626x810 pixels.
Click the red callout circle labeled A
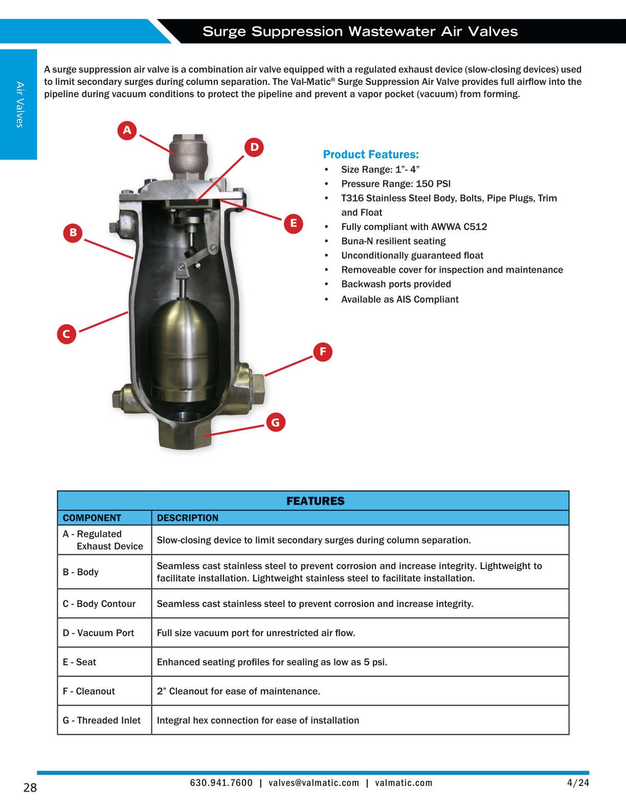click(x=127, y=130)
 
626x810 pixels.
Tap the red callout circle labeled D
click(x=254, y=148)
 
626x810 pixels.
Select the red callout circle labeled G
click(x=276, y=422)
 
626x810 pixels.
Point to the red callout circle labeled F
click(x=323, y=352)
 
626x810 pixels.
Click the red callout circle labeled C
click(x=66, y=334)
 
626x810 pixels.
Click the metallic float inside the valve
click(x=180, y=348)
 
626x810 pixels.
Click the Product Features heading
click(x=371, y=154)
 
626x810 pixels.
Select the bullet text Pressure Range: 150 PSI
click(x=396, y=184)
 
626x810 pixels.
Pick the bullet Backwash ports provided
click(x=396, y=284)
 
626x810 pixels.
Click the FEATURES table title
click(x=315, y=501)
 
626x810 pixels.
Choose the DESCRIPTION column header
click(x=187, y=518)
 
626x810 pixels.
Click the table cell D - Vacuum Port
click(x=98, y=633)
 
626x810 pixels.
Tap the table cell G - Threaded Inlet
click(x=101, y=721)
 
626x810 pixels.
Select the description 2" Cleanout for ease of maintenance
click(x=238, y=691)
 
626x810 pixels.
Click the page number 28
click(x=30, y=787)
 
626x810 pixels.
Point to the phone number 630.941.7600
click(x=221, y=783)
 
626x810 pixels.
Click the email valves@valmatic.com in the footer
click(x=314, y=783)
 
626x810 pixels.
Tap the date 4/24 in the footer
click(x=578, y=783)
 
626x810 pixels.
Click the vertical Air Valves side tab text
click(x=19, y=104)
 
